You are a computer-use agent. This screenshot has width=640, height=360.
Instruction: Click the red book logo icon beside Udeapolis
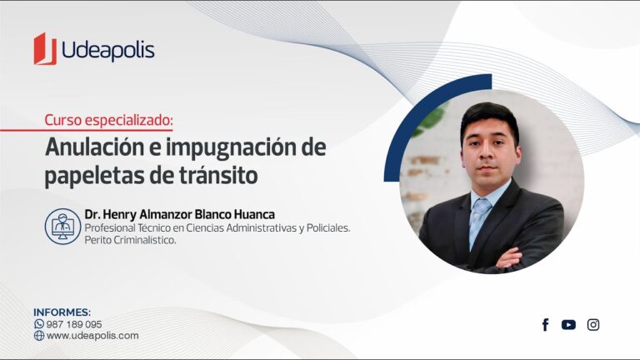(x=45, y=49)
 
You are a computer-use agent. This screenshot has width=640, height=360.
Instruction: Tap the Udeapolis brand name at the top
(x=108, y=50)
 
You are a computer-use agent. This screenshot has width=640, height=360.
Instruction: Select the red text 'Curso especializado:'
(x=108, y=120)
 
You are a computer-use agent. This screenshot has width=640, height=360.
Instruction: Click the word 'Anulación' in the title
(x=95, y=147)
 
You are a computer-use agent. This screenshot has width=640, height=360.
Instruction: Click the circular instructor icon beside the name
(x=62, y=227)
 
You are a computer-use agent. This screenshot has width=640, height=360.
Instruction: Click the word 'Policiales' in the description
(x=328, y=227)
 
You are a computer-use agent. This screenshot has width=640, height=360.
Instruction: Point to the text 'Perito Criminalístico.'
(x=130, y=240)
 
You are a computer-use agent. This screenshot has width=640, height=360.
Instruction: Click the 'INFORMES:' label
(x=62, y=312)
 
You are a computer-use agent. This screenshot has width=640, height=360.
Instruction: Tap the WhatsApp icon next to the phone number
(x=39, y=324)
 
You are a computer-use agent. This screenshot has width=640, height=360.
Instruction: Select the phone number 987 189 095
(x=74, y=324)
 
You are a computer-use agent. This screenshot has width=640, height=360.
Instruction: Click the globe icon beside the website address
(x=39, y=336)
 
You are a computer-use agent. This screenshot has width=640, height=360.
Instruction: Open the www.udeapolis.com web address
(x=92, y=336)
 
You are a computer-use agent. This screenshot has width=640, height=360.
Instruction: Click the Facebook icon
(x=545, y=325)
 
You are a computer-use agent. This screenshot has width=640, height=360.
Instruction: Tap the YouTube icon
(x=568, y=325)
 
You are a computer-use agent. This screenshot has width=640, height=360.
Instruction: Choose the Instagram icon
(x=593, y=325)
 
